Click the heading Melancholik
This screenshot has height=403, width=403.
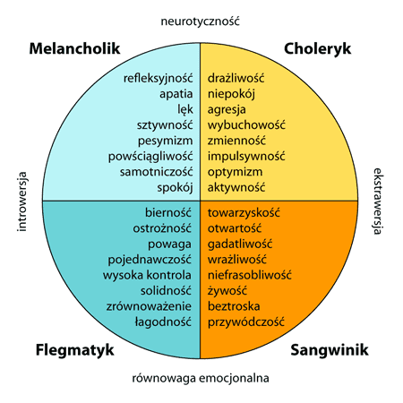[74, 48]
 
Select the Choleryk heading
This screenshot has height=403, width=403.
[317, 49]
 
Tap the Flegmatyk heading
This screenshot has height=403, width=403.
[75, 350]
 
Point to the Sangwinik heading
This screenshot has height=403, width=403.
[330, 350]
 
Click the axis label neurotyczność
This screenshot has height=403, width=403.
[201, 21]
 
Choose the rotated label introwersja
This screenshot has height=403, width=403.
[22, 201]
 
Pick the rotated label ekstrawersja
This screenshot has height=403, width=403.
[378, 201]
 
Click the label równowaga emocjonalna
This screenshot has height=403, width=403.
[201, 378]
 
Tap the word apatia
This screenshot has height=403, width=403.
[176, 94]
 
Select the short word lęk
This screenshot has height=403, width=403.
[185, 109]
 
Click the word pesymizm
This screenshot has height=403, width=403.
[166, 141]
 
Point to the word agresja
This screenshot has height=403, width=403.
[227, 110]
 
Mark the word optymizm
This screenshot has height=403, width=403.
[236, 172]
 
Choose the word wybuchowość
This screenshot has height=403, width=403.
[246, 124]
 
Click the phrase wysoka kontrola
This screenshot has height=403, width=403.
[147, 275]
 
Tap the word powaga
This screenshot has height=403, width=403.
[169, 244]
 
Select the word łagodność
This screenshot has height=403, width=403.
[163, 322]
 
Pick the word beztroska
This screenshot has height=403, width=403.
[234, 306]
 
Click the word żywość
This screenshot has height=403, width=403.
[227, 290]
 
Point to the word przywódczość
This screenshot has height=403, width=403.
[246, 322]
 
